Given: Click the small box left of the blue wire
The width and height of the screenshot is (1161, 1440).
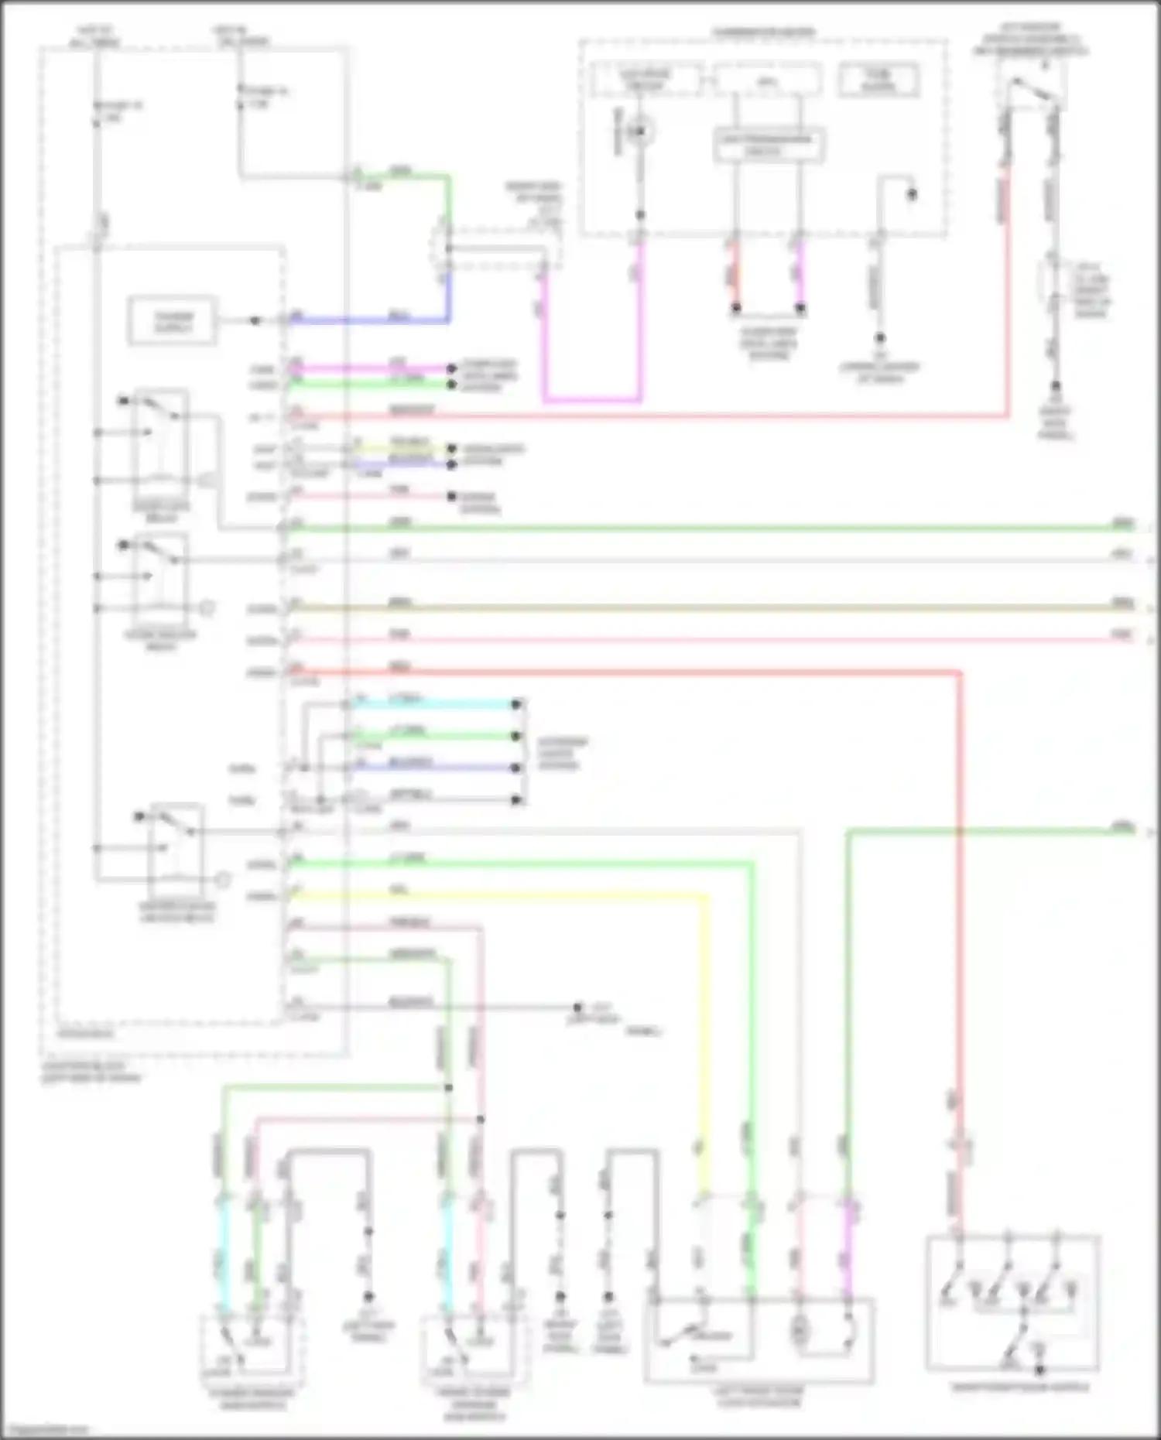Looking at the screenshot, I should (x=173, y=320).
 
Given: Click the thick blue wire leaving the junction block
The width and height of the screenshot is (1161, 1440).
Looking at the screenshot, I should (x=372, y=320).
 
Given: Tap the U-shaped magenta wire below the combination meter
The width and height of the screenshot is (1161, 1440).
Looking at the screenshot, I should (x=592, y=400).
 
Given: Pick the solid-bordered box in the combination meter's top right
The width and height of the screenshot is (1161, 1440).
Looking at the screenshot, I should (x=879, y=80).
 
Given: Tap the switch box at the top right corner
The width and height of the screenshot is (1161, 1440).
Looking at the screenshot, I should (x=1031, y=85).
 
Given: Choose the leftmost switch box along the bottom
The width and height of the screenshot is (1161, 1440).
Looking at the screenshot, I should (x=252, y=1350).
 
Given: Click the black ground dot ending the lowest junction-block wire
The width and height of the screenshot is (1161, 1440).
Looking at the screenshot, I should (x=577, y=1007).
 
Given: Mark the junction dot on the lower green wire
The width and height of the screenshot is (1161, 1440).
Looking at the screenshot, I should (x=448, y=1088).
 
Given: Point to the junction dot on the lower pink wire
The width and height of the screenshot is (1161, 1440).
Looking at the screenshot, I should (x=481, y=1119).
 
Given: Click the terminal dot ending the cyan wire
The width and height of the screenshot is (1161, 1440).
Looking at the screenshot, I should (x=516, y=704).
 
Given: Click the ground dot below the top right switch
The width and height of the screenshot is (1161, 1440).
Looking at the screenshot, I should (x=1055, y=386).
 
